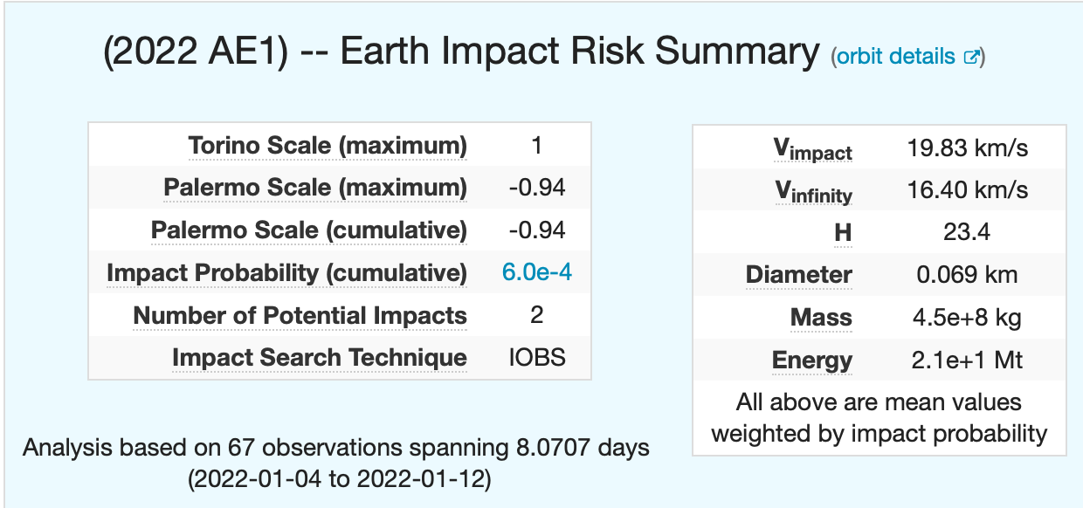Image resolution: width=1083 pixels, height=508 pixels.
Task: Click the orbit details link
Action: coord(896,57)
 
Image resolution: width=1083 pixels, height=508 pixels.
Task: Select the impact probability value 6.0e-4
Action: coord(537,272)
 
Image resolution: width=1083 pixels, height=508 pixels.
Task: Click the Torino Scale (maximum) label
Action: coord(328,146)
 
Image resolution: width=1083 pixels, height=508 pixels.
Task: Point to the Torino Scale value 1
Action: coord(537,145)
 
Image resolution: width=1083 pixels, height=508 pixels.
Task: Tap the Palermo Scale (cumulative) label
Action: coord(309,230)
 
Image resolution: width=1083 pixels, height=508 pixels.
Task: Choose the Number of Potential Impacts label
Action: coord(300,315)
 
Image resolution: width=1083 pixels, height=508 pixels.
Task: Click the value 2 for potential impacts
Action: coord(537,315)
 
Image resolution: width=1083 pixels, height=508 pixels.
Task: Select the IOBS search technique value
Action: coord(537,357)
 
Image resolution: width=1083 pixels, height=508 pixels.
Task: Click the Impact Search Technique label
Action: coord(319,357)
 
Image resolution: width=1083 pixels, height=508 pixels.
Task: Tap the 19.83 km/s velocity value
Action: coord(967,148)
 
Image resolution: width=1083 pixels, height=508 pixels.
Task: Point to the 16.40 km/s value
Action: coord(967,190)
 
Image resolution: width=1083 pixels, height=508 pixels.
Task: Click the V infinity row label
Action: coord(813,192)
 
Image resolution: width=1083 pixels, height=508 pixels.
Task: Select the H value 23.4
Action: coord(967,232)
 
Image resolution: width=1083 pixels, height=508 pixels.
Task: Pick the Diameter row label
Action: coord(799,275)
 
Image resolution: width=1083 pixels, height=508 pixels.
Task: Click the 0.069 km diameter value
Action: coord(967,275)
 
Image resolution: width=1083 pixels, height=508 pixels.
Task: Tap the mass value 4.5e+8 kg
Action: coord(967,317)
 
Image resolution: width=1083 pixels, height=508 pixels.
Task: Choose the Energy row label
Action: coord(812,360)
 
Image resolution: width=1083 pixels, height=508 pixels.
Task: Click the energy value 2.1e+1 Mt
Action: coord(967,360)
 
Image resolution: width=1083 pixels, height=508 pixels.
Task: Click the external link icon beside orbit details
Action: coord(970,58)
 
